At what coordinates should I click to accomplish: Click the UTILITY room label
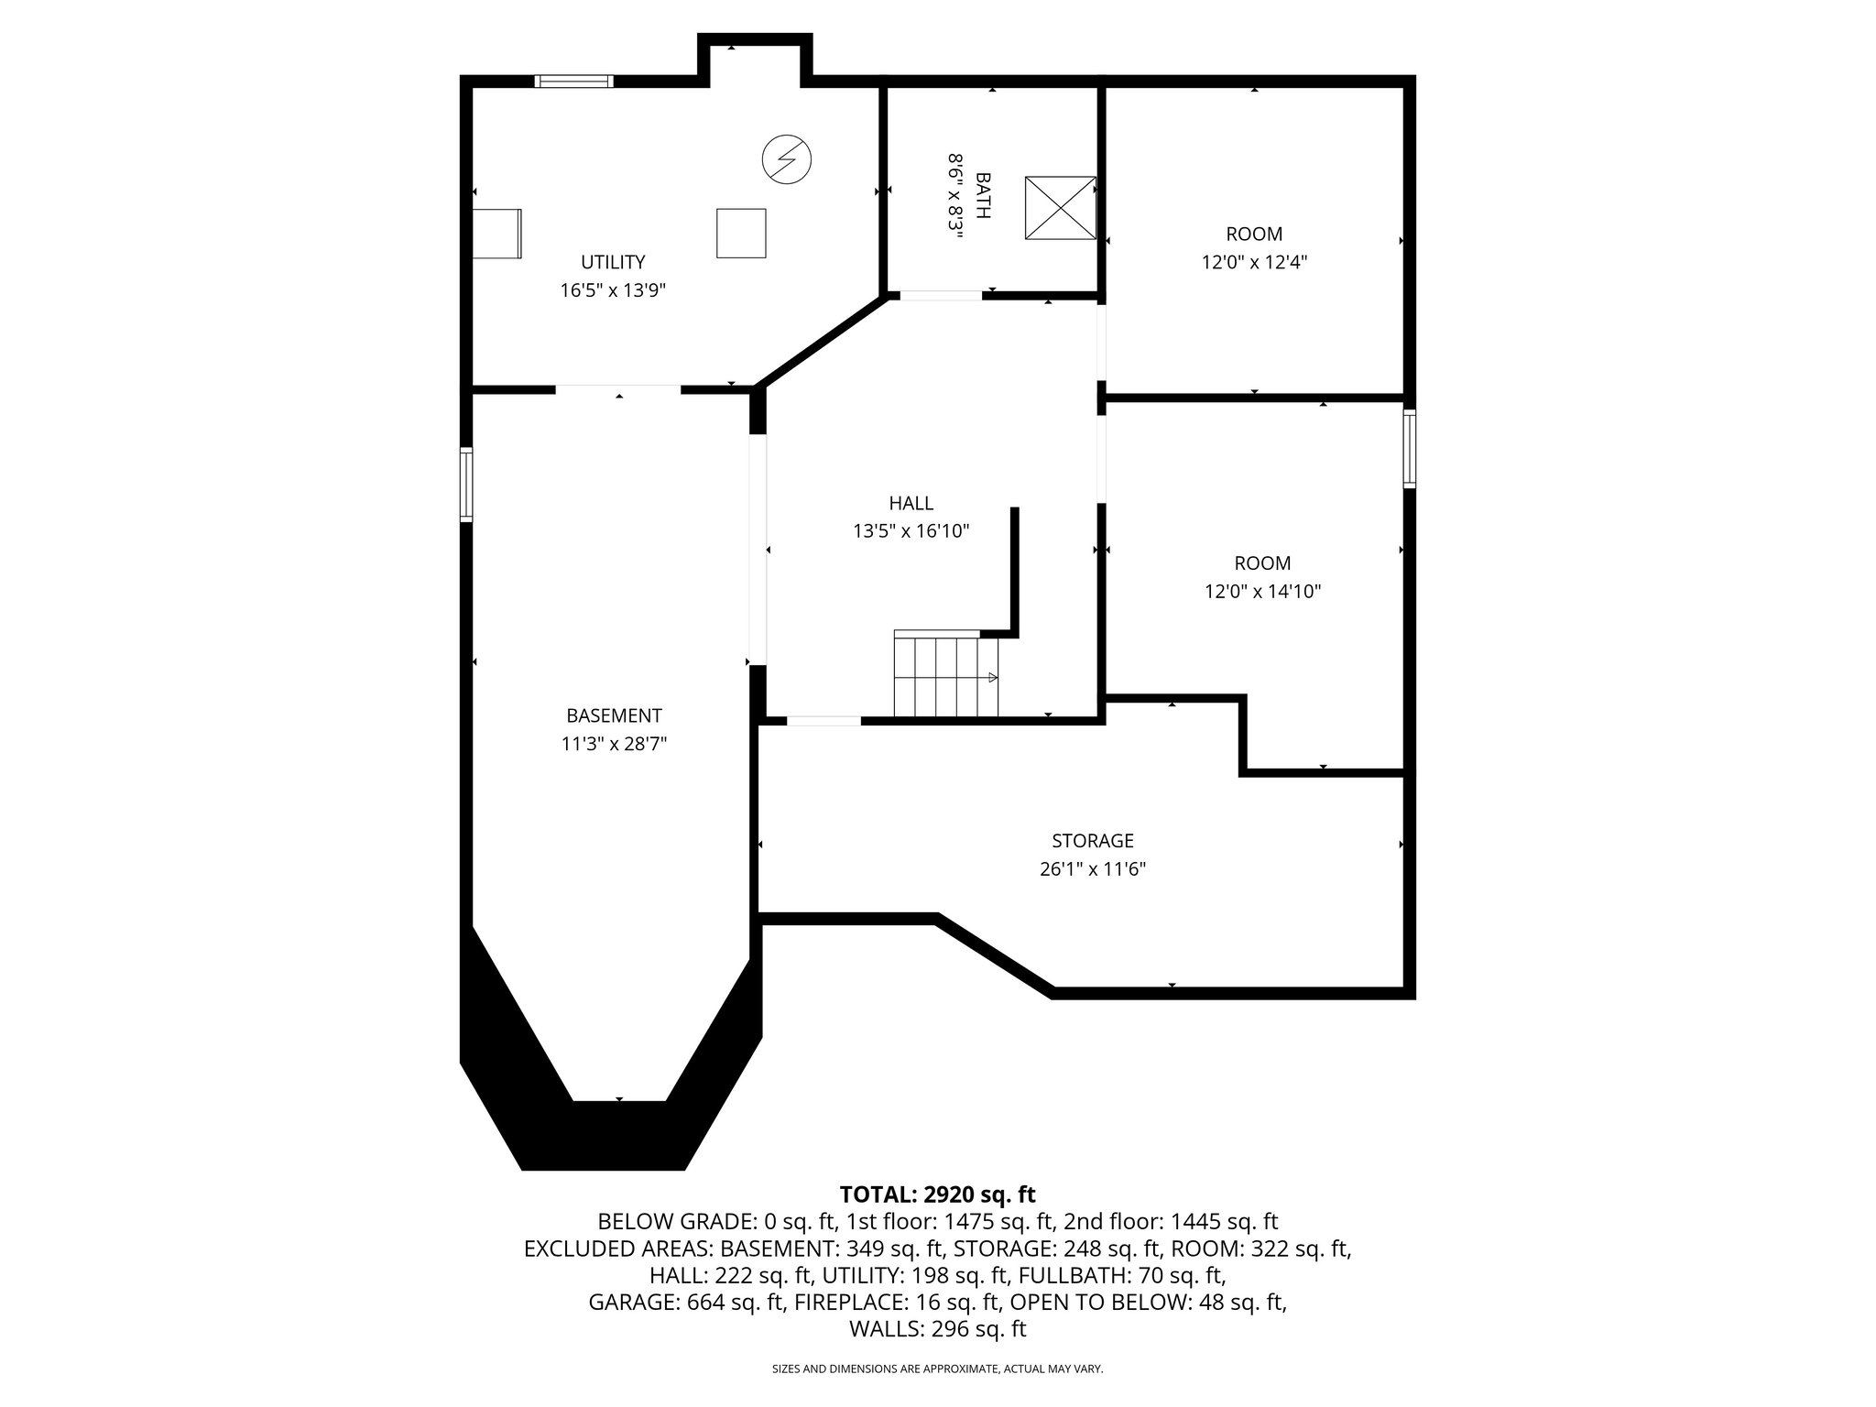(613, 262)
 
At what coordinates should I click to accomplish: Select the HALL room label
(911, 503)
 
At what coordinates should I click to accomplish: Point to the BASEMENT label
(614, 715)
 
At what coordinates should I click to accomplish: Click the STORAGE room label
(1092, 840)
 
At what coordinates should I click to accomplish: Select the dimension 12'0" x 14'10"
(1262, 592)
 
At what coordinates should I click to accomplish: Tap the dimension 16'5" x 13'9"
(613, 290)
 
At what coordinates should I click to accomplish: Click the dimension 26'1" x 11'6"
(1092, 868)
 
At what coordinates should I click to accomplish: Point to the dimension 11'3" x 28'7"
(614, 744)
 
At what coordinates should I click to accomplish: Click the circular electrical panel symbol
(787, 160)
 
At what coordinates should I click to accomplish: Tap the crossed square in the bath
(1060, 208)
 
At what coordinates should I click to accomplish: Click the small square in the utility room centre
(740, 234)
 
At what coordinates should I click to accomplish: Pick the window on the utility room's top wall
(573, 82)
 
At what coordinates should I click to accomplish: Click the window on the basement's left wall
(466, 485)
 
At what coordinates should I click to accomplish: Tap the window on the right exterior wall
(1409, 449)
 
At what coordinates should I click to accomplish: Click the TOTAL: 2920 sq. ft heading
(937, 1194)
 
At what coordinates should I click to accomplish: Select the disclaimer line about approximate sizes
(937, 1369)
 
